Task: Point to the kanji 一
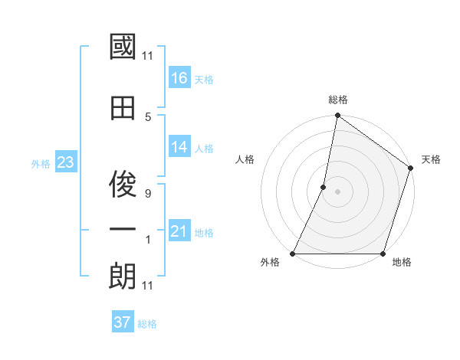click(x=123, y=229)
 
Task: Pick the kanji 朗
click(x=123, y=276)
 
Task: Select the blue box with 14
click(x=179, y=147)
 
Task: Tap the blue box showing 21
click(x=179, y=231)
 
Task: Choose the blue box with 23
click(x=65, y=162)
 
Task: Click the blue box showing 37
click(x=123, y=322)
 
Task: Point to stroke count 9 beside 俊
click(x=148, y=194)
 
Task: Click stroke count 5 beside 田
click(x=148, y=116)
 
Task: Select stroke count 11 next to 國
click(x=148, y=56)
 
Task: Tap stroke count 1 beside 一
click(x=148, y=240)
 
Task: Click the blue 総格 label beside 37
click(x=147, y=323)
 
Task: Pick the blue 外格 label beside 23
click(x=41, y=163)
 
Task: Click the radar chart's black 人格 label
click(x=245, y=159)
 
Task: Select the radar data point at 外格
click(x=293, y=254)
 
